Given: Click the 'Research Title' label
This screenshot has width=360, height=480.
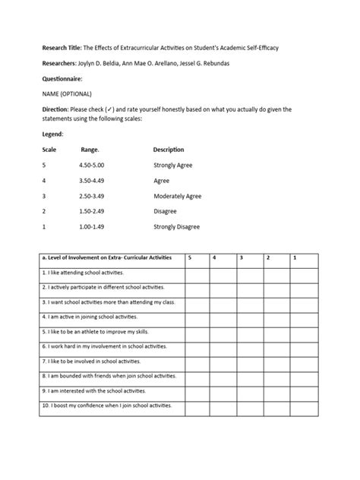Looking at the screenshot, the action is click(62, 48).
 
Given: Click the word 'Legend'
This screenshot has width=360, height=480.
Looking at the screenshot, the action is click(55, 134).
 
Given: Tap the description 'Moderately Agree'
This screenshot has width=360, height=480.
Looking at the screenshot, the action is click(177, 196).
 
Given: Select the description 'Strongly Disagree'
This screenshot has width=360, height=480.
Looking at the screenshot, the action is click(178, 227).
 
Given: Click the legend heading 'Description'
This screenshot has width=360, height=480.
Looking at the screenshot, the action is click(169, 150).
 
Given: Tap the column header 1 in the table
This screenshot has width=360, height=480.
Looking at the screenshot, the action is click(295, 259).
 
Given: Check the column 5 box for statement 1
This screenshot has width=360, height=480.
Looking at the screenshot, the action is click(197, 273).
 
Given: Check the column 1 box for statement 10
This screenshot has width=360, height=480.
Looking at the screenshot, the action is click(305, 407).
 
